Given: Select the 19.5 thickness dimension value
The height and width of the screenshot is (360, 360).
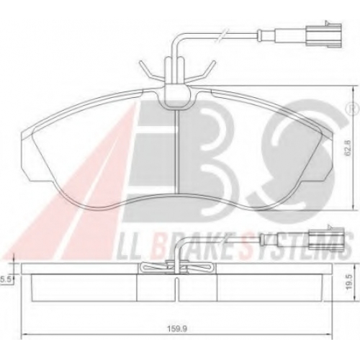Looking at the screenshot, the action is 349,283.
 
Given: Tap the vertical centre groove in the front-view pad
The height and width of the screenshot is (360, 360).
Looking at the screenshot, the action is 177,150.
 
